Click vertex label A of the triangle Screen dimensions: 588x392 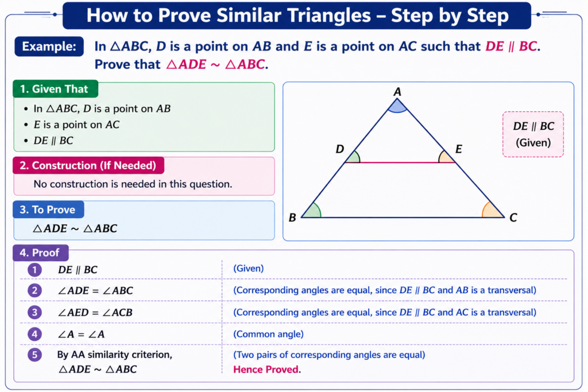pyautogui.click(x=397, y=91)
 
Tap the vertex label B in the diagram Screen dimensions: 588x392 pyautogui.click(x=292, y=218)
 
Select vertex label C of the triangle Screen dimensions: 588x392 pyautogui.click(x=513, y=218)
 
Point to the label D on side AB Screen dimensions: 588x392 pyautogui.click(x=340, y=149)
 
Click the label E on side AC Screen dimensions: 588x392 pyautogui.click(x=458, y=149)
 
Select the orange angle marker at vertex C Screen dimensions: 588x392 pyautogui.click(x=492, y=211)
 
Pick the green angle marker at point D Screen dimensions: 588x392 pyautogui.click(x=353, y=157)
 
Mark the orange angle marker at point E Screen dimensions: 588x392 pyautogui.click(x=446, y=157)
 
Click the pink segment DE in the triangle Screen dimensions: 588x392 pyautogui.click(x=400, y=162)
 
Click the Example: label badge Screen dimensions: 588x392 pyautogui.click(x=49, y=46)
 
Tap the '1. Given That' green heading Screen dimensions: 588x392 pyautogui.click(x=56, y=89)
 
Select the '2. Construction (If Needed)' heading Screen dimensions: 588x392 pyautogui.click(x=88, y=165)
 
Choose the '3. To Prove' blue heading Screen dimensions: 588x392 pyautogui.click(x=48, y=209)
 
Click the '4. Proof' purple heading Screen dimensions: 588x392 pyautogui.click(x=41, y=253)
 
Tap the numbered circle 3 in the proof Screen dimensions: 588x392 pyautogui.click(x=34, y=312)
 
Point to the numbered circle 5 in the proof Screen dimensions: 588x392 pyautogui.click(x=34, y=355)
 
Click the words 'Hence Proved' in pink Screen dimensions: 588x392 pyautogui.click(x=266, y=370)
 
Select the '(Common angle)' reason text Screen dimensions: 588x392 pyautogui.click(x=269, y=334)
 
